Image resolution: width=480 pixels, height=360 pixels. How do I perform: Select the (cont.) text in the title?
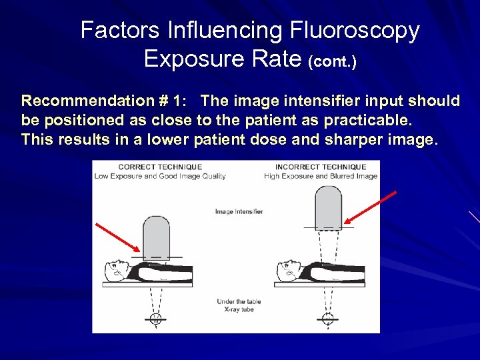pyautogui.click(x=333, y=62)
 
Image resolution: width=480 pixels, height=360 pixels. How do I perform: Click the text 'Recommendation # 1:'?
pyautogui.click(x=107, y=101)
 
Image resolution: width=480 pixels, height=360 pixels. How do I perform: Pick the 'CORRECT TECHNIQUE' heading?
pyautogui.click(x=160, y=167)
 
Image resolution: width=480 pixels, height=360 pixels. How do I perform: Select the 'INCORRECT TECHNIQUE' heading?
pyautogui.click(x=320, y=167)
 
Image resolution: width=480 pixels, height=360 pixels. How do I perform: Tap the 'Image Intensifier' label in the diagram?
pyautogui.click(x=239, y=212)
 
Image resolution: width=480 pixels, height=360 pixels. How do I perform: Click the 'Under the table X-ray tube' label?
pyautogui.click(x=238, y=305)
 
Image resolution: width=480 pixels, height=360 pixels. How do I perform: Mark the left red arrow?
pyautogui.click(x=118, y=239)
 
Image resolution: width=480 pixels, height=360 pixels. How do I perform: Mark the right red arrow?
pyautogui.click(x=371, y=207)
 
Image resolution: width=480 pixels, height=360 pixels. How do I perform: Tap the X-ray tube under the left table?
pyautogui.click(x=155, y=318)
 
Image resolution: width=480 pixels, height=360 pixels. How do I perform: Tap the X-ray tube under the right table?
pyautogui.click(x=327, y=318)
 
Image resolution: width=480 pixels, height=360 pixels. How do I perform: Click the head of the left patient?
pyautogui.click(x=117, y=270)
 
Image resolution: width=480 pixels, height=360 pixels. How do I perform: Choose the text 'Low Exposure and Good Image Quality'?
pyautogui.click(x=160, y=177)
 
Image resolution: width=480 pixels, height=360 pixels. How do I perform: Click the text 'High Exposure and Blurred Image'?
pyautogui.click(x=320, y=177)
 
